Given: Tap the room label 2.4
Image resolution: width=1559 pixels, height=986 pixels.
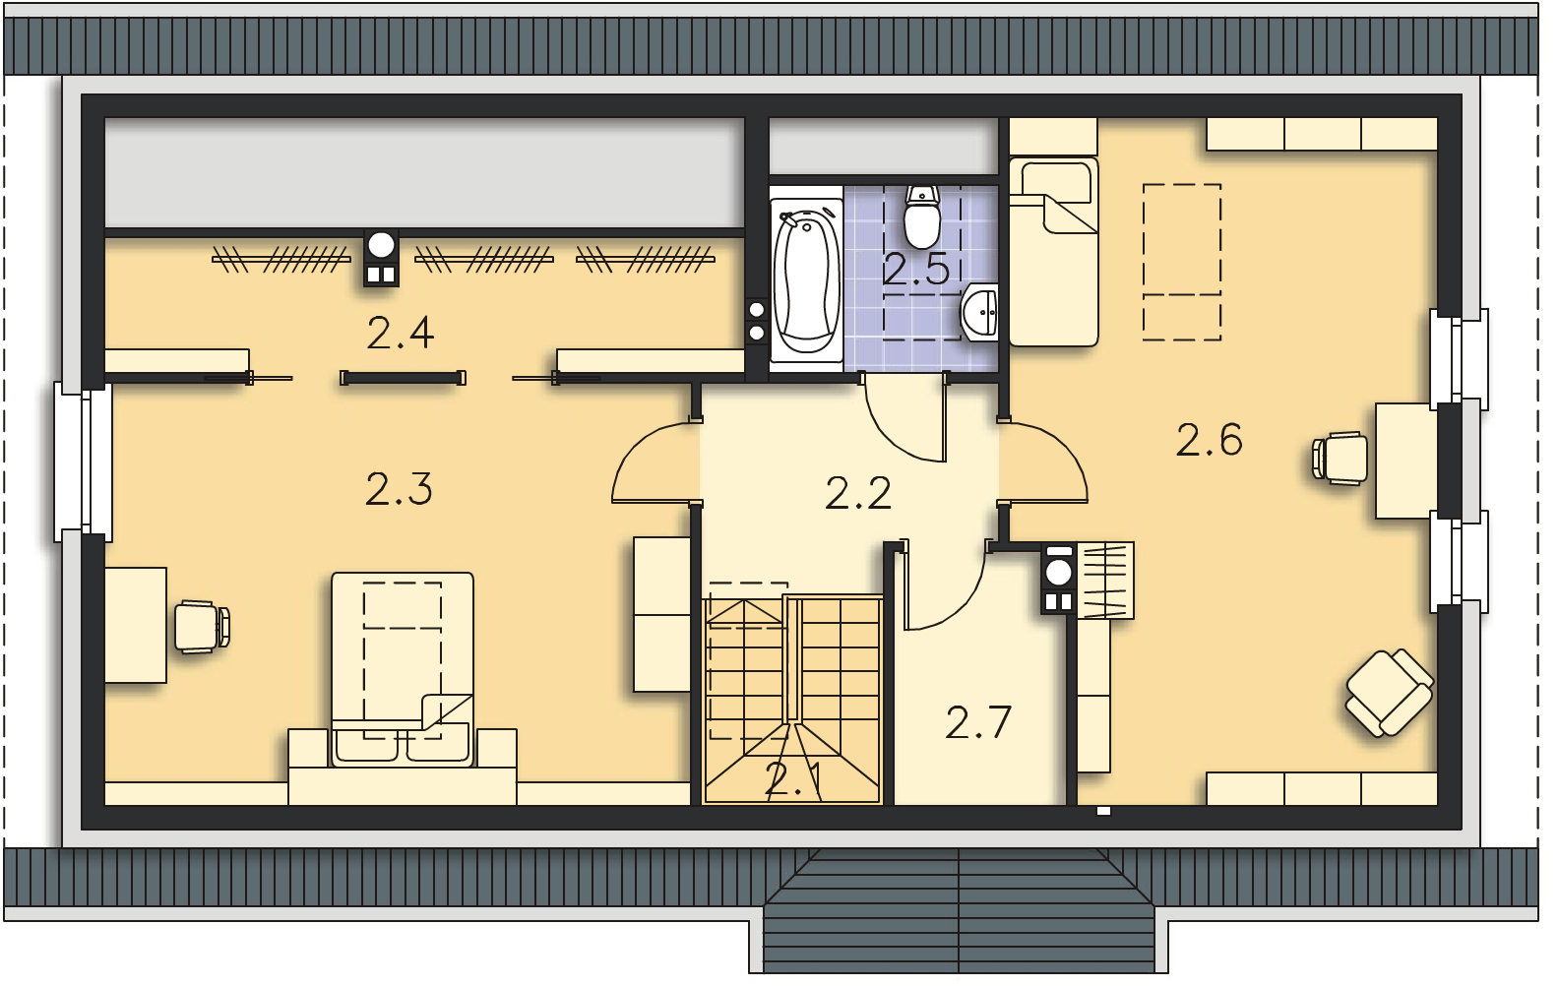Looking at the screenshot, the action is tap(401, 333).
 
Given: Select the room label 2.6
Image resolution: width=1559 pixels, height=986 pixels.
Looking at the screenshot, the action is tap(1209, 440).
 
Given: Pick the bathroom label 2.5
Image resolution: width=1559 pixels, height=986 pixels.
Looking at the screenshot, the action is tap(916, 270).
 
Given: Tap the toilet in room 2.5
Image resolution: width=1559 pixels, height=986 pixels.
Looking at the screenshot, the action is tap(922, 216).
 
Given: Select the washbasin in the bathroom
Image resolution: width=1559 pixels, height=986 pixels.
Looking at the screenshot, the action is tap(980, 313).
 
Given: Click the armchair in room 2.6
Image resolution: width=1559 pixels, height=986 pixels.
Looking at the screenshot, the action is tap(1389, 693).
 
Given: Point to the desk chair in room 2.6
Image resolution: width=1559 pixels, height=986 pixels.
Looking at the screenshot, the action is tap(1340, 458).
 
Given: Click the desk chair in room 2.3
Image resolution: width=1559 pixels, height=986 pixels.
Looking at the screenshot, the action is tap(202, 627).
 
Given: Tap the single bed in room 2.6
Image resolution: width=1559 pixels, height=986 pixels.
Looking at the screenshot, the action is tap(1054, 252).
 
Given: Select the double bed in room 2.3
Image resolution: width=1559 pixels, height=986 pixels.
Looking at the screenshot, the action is tap(403, 670).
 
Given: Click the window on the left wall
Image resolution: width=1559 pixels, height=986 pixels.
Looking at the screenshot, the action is tap(84, 462).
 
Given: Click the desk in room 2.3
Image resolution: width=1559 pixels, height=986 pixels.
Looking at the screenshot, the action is tap(136, 625).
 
